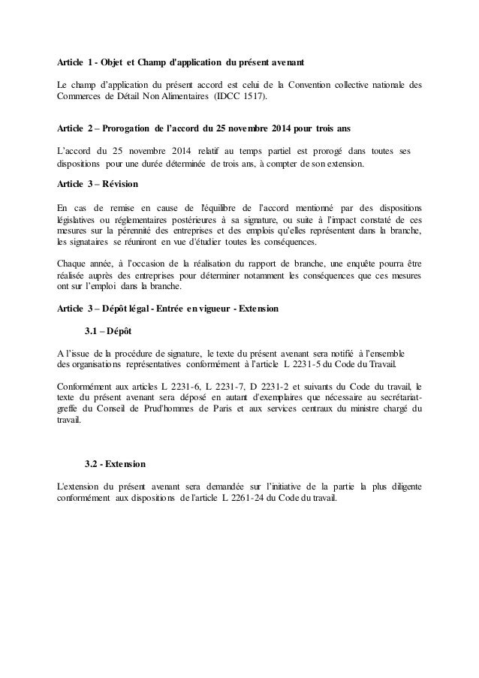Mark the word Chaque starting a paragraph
click(74, 264)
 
